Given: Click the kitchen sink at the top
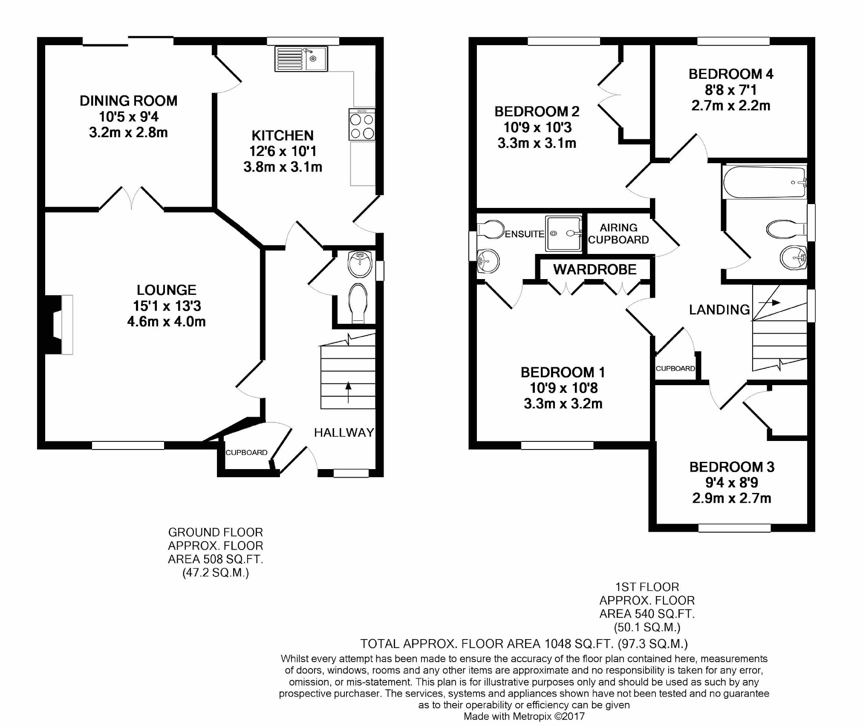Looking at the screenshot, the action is [301, 59].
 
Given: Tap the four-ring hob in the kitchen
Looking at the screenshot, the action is [362, 124].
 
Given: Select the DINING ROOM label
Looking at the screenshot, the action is [128, 101].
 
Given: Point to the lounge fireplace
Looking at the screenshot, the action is [59, 325].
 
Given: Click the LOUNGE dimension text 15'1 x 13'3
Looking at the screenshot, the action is [167, 306].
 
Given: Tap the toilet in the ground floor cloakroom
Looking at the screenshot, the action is [358, 303].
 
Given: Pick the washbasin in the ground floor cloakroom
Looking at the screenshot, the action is [360, 264].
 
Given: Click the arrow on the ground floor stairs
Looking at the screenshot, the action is [348, 392].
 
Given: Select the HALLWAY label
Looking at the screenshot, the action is [344, 433].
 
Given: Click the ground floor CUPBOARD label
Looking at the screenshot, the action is [246, 452].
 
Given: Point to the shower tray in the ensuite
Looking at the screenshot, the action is [563, 233].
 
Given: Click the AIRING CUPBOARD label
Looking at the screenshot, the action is [618, 234].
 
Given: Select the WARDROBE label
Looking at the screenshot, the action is [595, 269].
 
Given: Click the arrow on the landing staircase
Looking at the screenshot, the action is [769, 302].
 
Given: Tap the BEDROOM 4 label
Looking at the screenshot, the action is [731, 74].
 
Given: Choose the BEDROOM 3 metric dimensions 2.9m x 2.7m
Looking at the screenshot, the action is [731, 498].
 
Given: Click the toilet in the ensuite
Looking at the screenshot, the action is [491, 230].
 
